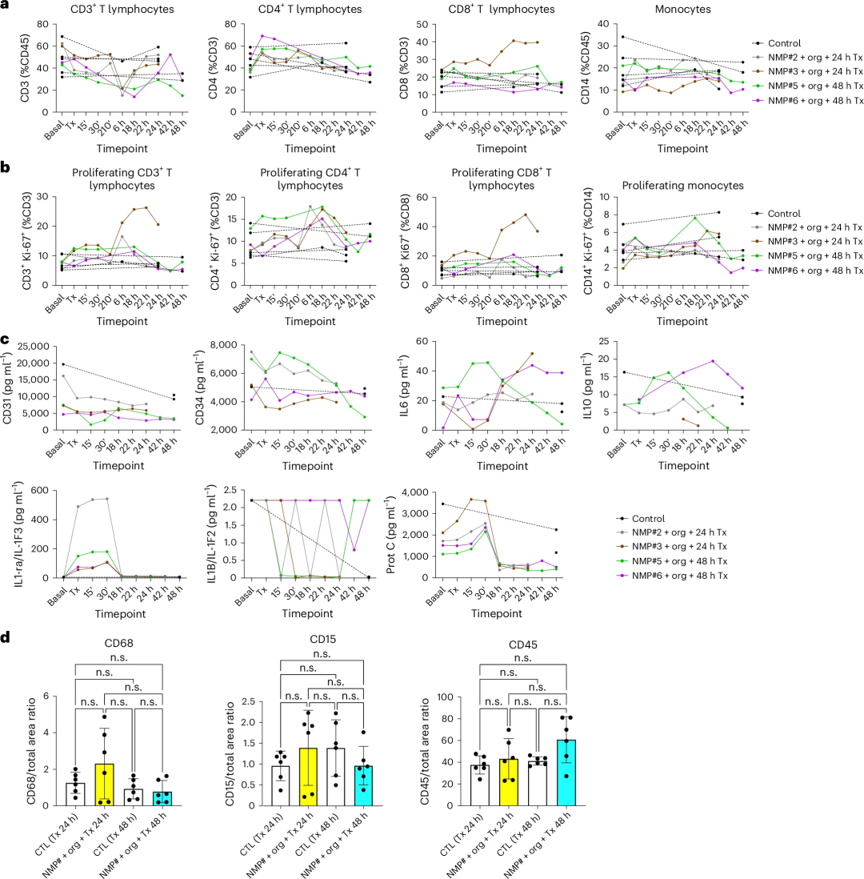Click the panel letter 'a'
(x=6, y=6)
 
